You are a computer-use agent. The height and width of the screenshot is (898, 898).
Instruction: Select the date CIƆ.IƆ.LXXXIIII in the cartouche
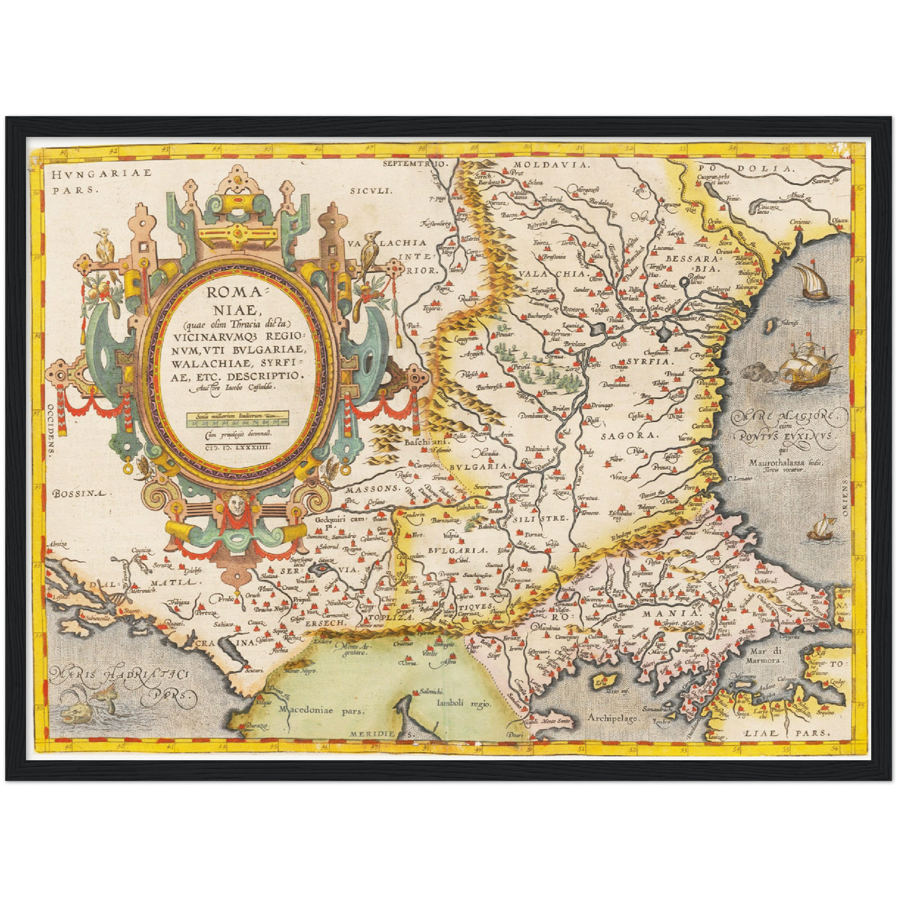click(x=239, y=445)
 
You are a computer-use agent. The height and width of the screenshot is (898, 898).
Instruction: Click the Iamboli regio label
click(x=464, y=704)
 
